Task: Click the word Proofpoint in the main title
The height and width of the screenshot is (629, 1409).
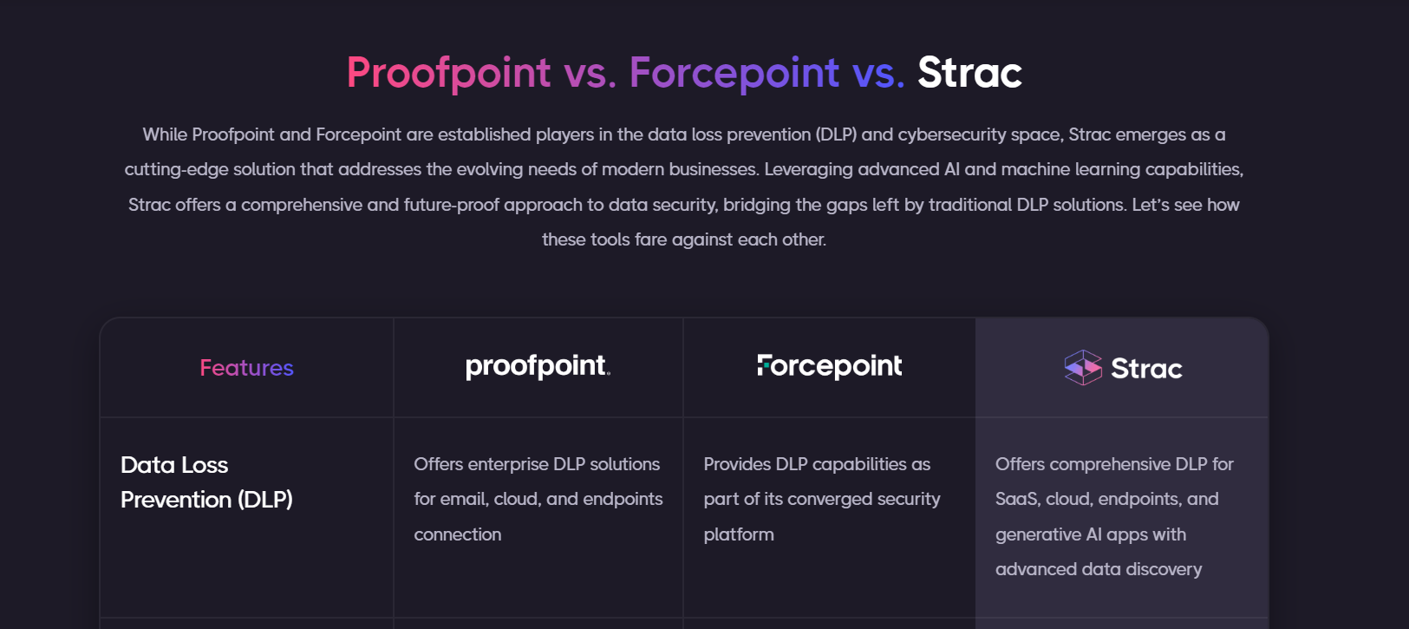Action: coord(448,73)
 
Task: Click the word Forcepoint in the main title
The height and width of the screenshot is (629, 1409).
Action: coord(734,73)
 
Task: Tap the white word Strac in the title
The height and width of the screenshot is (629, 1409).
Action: coord(969,73)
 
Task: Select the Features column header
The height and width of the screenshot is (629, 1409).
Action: coord(246,368)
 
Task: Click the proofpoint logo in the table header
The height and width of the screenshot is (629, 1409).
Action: coord(538,366)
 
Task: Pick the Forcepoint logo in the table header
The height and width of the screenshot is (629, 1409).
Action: coord(829,366)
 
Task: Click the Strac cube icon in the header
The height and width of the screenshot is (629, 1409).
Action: coord(1083,367)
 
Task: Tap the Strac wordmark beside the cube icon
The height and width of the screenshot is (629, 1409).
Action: coord(1146,369)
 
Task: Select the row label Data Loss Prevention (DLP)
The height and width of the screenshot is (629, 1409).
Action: coord(206,482)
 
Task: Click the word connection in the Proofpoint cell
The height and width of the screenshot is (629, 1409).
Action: coord(457,534)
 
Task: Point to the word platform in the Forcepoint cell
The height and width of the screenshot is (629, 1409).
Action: coord(739,534)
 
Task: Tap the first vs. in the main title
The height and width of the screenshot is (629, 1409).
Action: coord(590,73)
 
